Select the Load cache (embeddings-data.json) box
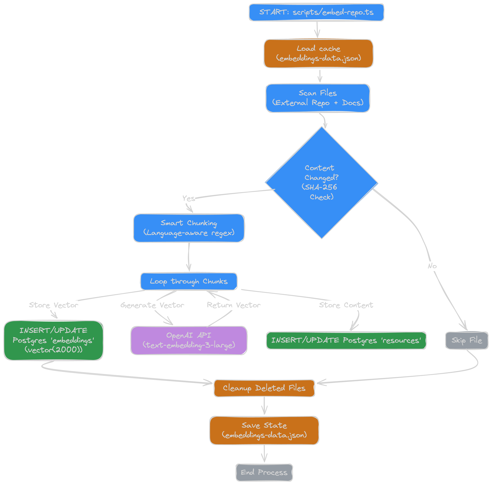coord(319,53)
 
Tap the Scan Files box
coord(318,98)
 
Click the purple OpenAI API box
coord(189,340)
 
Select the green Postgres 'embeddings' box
coord(53,340)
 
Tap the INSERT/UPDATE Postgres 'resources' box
coord(346,340)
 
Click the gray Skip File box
coord(467,340)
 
